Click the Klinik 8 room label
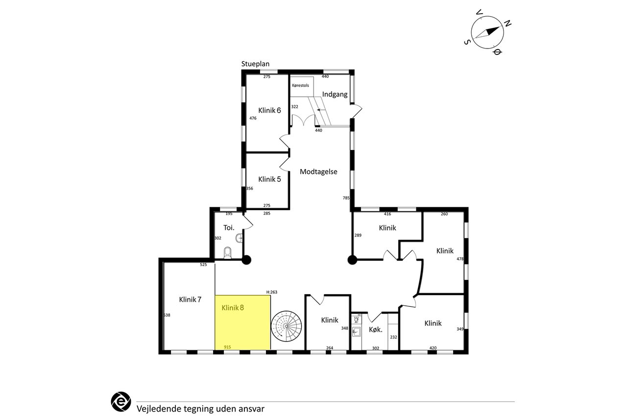233,308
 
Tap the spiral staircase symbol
286,326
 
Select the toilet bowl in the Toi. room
228,253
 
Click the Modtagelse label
318,172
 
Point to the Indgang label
335,95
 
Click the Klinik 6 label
269,110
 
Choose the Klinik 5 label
269,179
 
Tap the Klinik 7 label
190,299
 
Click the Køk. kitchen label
375,330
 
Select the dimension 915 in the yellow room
227,347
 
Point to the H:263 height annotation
271,292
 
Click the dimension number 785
346,198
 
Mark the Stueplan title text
255,64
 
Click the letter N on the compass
508,24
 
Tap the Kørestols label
300,85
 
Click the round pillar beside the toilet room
246,260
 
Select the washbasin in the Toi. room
240,238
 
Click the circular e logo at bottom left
121,401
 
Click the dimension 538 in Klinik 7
167,315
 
